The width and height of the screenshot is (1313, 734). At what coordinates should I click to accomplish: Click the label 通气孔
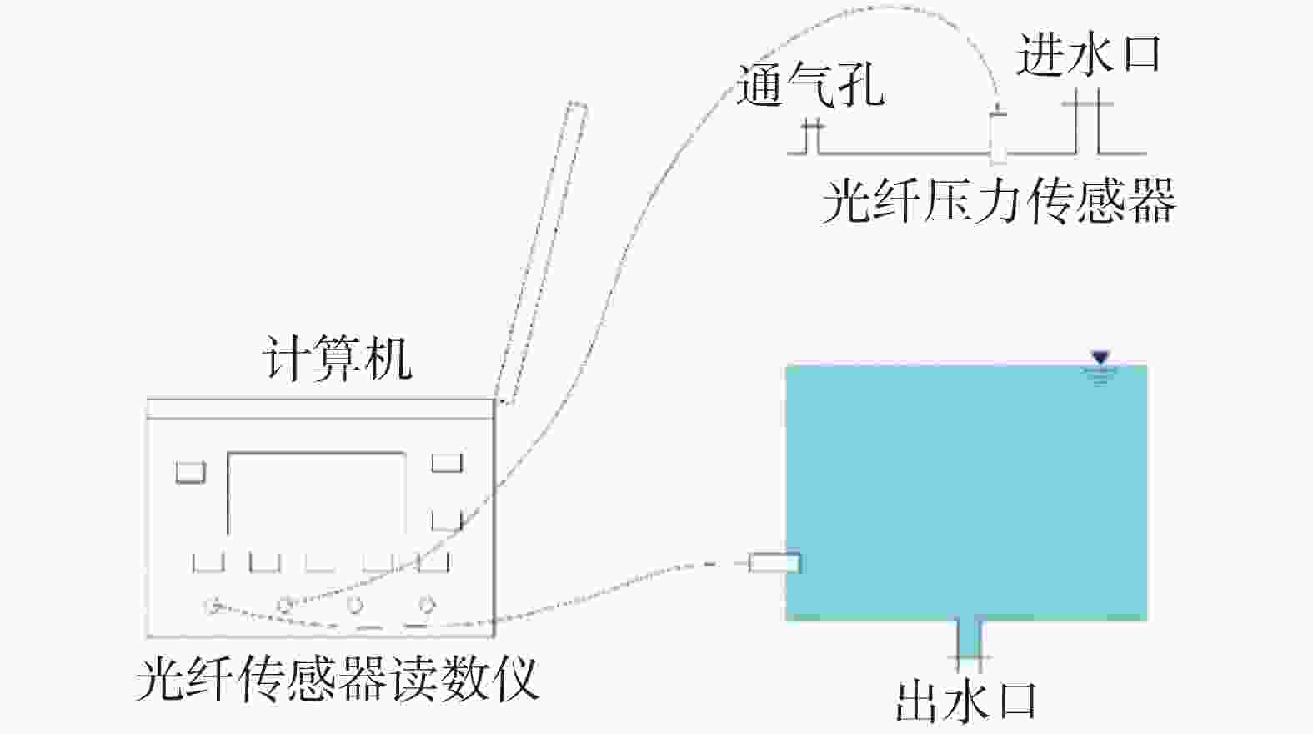click(x=809, y=85)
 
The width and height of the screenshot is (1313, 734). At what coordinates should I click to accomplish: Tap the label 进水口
click(x=1088, y=56)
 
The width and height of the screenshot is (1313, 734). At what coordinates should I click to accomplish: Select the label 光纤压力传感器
click(x=998, y=201)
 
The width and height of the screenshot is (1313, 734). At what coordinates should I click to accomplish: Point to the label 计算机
click(x=338, y=359)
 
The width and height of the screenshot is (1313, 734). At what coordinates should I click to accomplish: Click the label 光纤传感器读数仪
click(x=337, y=678)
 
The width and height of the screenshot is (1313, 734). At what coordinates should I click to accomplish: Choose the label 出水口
click(x=966, y=701)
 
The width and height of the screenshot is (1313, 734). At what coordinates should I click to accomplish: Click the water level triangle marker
click(x=1100, y=359)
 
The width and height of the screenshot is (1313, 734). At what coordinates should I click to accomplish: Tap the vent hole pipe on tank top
click(x=812, y=138)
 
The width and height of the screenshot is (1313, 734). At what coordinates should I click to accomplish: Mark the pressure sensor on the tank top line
click(x=998, y=133)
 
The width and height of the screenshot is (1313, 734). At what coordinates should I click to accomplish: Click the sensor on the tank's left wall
click(x=774, y=563)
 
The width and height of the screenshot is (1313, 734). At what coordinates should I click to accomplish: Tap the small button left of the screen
click(x=190, y=472)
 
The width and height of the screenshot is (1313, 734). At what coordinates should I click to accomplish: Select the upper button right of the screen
click(x=446, y=463)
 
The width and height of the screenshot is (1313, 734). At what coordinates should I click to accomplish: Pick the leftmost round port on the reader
click(x=213, y=605)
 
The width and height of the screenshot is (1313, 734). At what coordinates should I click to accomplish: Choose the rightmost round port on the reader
click(x=426, y=604)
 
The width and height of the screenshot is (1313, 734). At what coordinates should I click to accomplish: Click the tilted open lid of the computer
click(x=542, y=250)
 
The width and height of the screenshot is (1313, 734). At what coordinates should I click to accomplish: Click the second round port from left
click(x=285, y=605)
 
